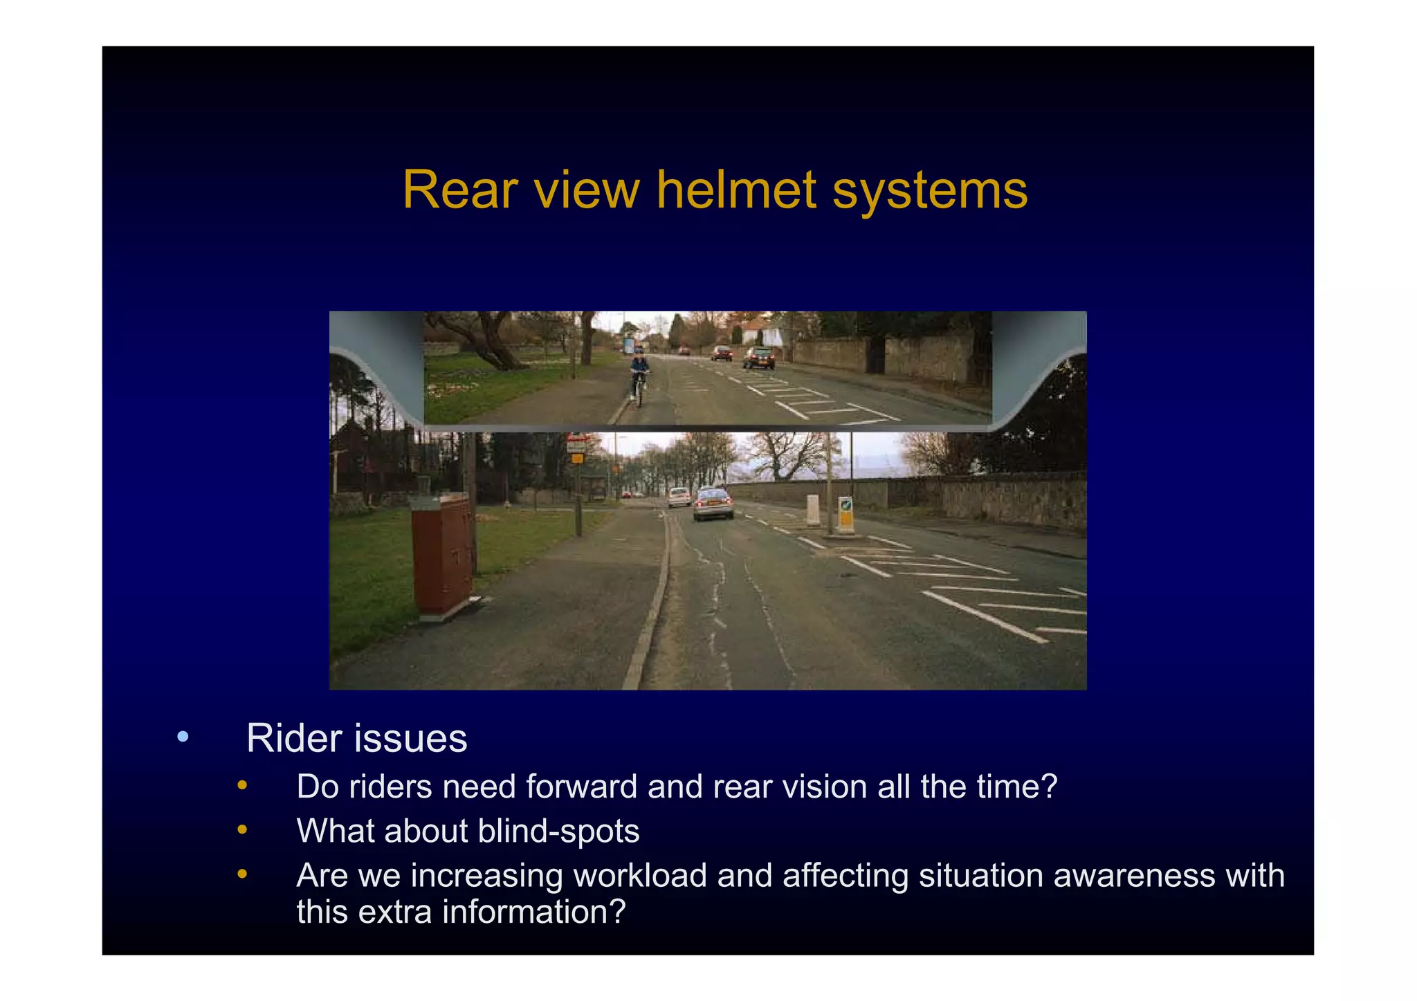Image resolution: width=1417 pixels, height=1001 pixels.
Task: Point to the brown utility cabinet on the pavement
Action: click(x=443, y=553)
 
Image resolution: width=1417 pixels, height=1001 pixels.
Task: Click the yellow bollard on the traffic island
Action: click(x=845, y=514)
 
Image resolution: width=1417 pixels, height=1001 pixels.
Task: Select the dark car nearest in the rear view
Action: click(x=759, y=358)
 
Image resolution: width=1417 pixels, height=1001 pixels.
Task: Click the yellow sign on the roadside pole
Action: click(x=577, y=458)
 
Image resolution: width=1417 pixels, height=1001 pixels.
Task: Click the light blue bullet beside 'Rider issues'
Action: click(x=183, y=737)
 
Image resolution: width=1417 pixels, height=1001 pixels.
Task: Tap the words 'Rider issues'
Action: click(x=356, y=738)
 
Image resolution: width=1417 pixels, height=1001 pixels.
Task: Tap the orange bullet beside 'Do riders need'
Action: click(x=242, y=785)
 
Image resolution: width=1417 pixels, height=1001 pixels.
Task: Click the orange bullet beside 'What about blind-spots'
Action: click(x=242, y=829)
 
